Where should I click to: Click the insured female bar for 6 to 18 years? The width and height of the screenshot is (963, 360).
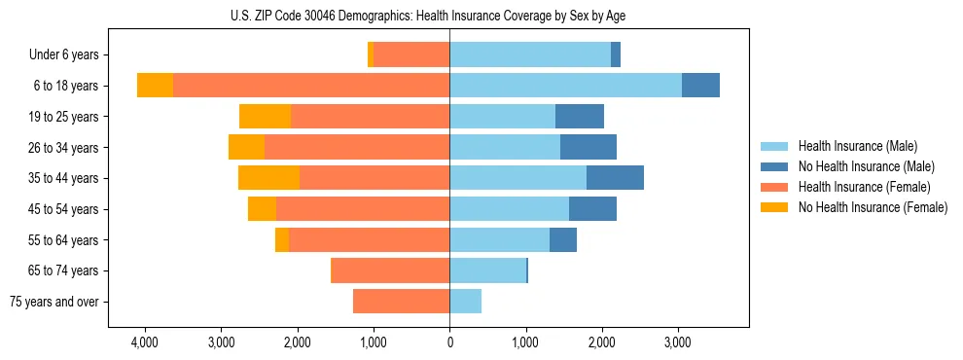click(x=311, y=86)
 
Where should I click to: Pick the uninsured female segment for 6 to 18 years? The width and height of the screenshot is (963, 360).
click(x=155, y=86)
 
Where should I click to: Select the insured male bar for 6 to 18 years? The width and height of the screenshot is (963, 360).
click(x=565, y=86)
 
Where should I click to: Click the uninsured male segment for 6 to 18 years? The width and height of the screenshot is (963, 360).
click(x=700, y=86)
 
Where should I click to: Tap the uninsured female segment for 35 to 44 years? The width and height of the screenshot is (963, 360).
click(x=268, y=178)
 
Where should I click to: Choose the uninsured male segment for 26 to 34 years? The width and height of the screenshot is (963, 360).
click(x=588, y=147)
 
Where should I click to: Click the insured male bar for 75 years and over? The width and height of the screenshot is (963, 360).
click(x=465, y=302)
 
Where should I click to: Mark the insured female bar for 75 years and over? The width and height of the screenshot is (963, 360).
click(x=401, y=302)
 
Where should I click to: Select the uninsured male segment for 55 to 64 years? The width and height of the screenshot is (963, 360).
click(x=563, y=239)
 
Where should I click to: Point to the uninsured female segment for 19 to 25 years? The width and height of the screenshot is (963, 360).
click(x=265, y=117)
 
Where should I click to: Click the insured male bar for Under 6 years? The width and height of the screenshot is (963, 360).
click(x=530, y=55)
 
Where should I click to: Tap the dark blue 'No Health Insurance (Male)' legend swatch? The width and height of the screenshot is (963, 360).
click(x=774, y=166)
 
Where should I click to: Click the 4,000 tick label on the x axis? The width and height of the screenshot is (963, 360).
click(x=144, y=342)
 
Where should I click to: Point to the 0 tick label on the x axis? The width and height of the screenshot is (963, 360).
click(x=449, y=342)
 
